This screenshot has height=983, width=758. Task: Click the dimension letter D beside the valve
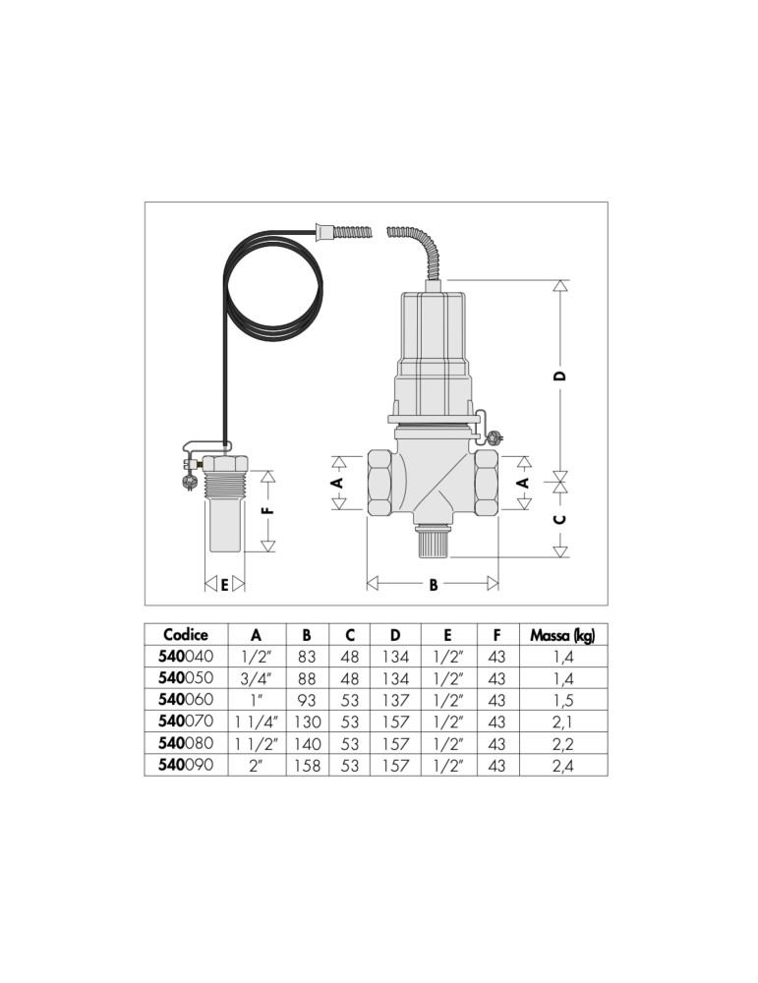pos(561,376)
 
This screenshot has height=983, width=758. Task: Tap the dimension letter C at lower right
pos(561,519)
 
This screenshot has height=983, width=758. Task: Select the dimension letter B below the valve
pos(434,585)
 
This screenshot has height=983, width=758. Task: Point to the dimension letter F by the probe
pos(268,510)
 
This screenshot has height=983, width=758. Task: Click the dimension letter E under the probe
pos(224,585)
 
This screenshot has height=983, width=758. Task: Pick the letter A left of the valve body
pos(337,482)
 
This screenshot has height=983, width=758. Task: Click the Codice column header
pos(186,634)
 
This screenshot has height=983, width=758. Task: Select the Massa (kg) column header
pos(562,635)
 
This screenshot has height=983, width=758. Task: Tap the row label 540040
pos(186,657)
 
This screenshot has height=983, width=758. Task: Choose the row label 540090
pos(186,765)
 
